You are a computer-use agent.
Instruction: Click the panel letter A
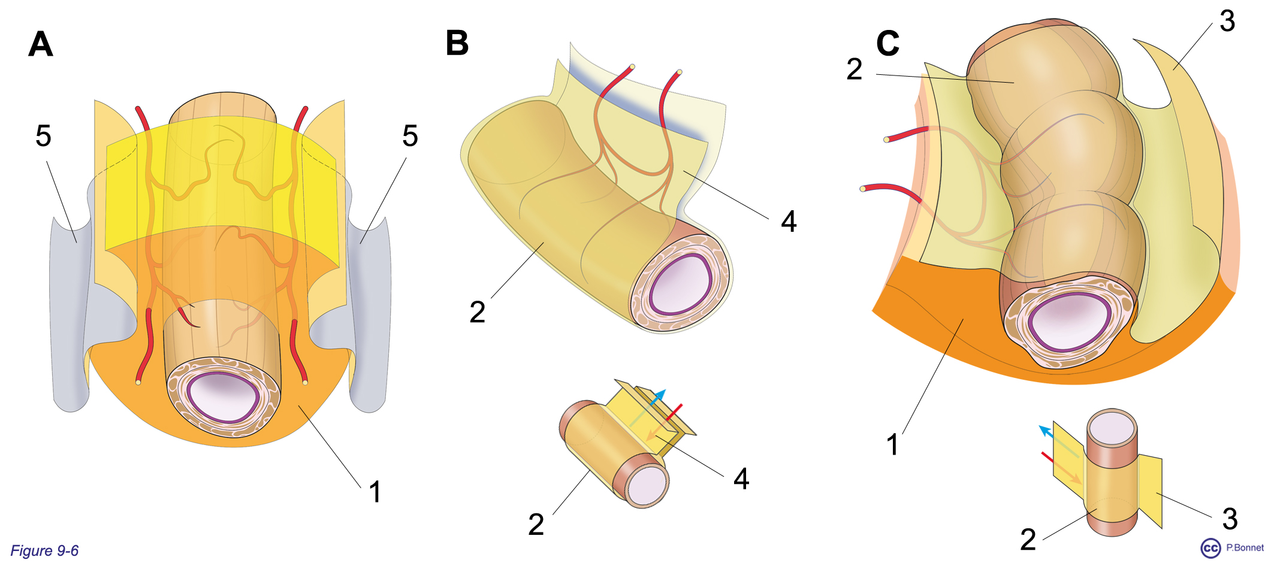click(x=41, y=44)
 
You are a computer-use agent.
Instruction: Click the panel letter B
click(x=457, y=43)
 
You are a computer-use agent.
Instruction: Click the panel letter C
click(x=887, y=43)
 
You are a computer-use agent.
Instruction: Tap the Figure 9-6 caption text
click(x=45, y=550)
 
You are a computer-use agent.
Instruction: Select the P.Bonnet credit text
click(x=1245, y=547)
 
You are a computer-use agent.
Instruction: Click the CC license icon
click(x=1210, y=548)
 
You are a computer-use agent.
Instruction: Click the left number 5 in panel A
click(x=43, y=136)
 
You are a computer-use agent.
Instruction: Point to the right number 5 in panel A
click(x=410, y=136)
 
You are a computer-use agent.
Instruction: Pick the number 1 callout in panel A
click(x=375, y=492)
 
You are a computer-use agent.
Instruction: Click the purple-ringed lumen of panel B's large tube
click(x=680, y=283)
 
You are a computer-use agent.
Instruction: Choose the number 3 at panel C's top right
click(x=1227, y=22)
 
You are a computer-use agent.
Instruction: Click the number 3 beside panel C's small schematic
click(x=1230, y=519)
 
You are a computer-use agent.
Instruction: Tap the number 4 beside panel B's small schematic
click(x=741, y=479)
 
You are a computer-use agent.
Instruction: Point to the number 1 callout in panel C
click(x=892, y=445)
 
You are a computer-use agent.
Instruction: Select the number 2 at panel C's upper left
click(x=854, y=69)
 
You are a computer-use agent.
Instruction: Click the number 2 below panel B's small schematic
click(x=536, y=525)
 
